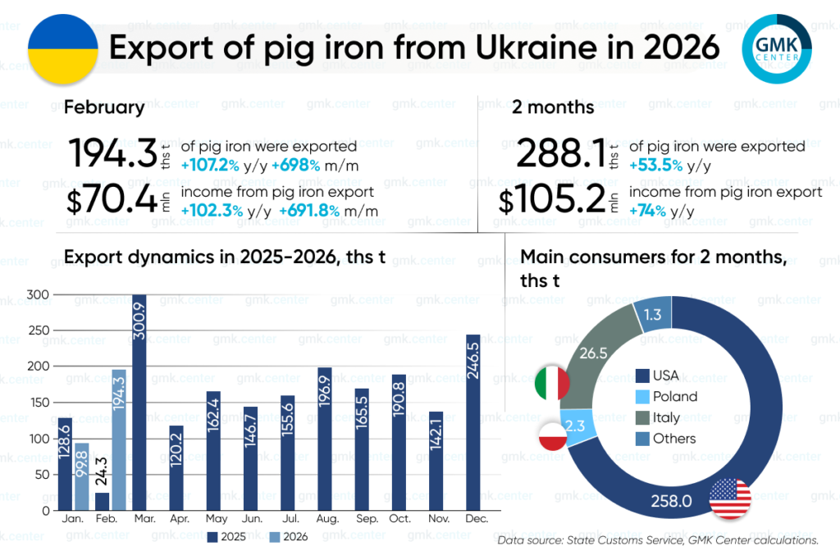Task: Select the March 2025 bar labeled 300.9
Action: (139, 402)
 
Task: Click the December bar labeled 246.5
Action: (473, 421)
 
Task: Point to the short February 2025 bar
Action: (103, 501)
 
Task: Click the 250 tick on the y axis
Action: (39, 330)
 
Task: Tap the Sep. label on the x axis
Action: (362, 520)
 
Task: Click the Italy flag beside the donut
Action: (552, 383)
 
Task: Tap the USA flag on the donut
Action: (730, 498)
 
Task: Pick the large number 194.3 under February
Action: (112, 153)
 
